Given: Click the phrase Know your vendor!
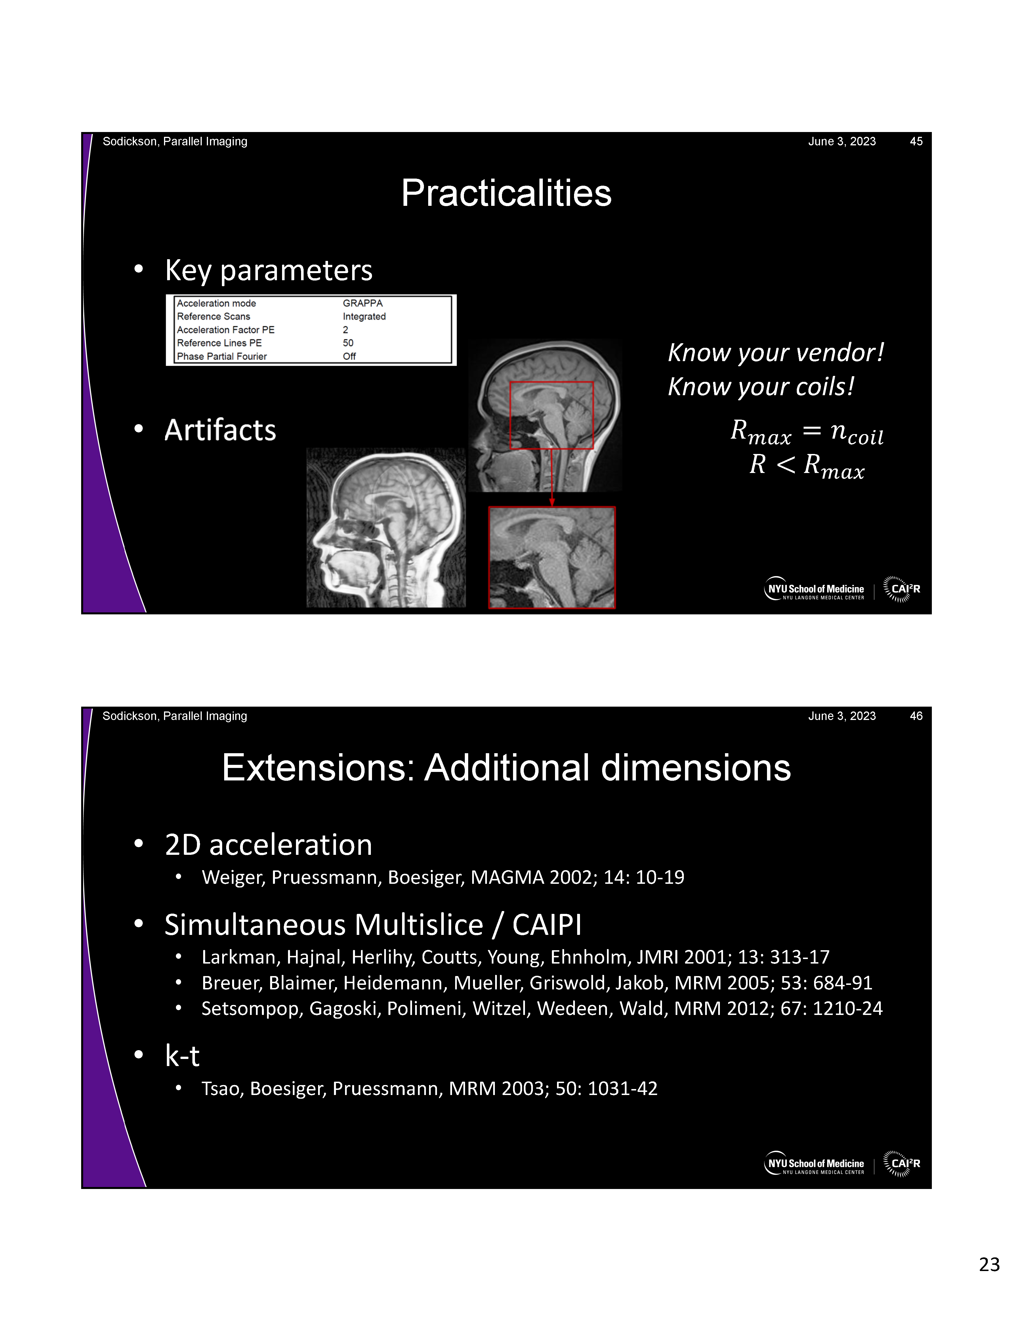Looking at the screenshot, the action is [775, 353].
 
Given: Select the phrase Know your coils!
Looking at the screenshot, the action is [761, 387].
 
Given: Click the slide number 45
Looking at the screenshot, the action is [916, 141].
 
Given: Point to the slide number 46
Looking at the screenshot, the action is [916, 716].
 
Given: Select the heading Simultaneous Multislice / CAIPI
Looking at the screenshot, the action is [373, 925].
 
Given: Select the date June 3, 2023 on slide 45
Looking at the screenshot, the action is [842, 141].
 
